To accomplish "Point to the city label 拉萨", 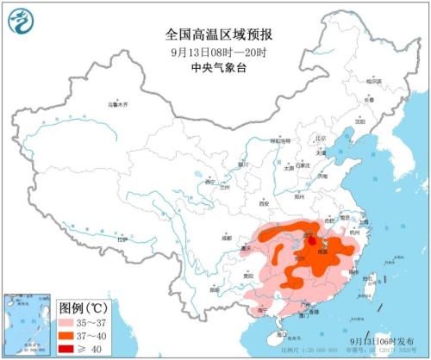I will tap(122, 239).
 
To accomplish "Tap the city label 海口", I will tap(283, 332).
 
